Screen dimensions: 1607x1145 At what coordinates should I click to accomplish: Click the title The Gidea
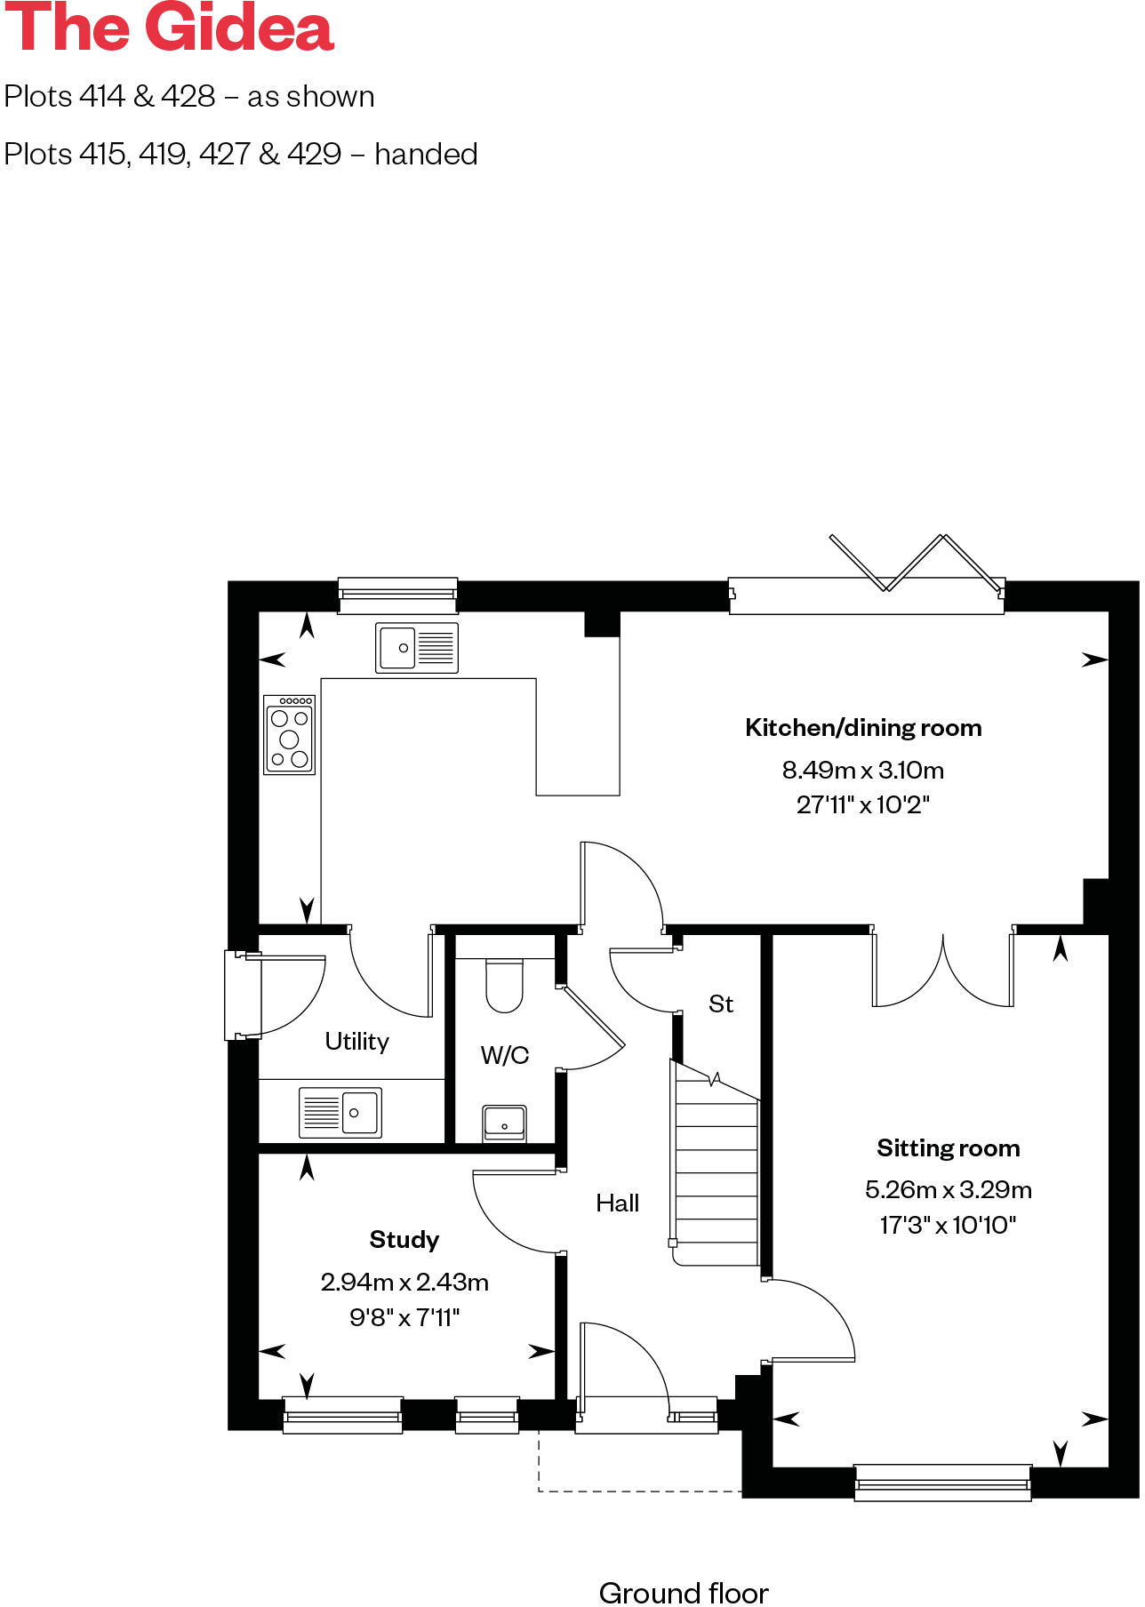coord(169,28)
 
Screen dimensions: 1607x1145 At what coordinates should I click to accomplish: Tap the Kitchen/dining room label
coord(863,728)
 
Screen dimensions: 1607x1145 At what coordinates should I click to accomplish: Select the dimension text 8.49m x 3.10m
coord(862,770)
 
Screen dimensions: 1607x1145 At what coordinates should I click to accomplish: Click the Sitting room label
coord(948,1148)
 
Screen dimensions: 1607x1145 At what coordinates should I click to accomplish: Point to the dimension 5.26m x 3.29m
coord(948,1189)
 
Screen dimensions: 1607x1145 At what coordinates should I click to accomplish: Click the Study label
coord(404,1239)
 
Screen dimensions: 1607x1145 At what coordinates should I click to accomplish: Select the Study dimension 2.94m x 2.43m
coord(404,1282)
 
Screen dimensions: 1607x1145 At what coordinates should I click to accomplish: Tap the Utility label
coord(356,1041)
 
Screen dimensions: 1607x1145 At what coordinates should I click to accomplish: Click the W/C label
coord(504,1055)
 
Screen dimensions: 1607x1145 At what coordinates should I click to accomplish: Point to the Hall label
coord(617,1203)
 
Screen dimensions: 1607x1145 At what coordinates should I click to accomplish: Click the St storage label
coord(721,1003)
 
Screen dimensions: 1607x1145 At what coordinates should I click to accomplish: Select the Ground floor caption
coord(683,1592)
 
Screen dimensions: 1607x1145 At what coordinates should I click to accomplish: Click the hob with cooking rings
coord(290,735)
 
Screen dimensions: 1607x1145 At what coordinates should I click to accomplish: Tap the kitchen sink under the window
coord(416,647)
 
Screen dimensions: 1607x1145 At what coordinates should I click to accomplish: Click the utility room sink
coord(340,1112)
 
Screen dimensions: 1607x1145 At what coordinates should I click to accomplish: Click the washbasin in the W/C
coord(504,1123)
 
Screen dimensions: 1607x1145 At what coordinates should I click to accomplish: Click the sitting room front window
coord(942,1482)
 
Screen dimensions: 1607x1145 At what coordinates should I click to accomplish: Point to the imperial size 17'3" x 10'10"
coord(948,1225)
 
